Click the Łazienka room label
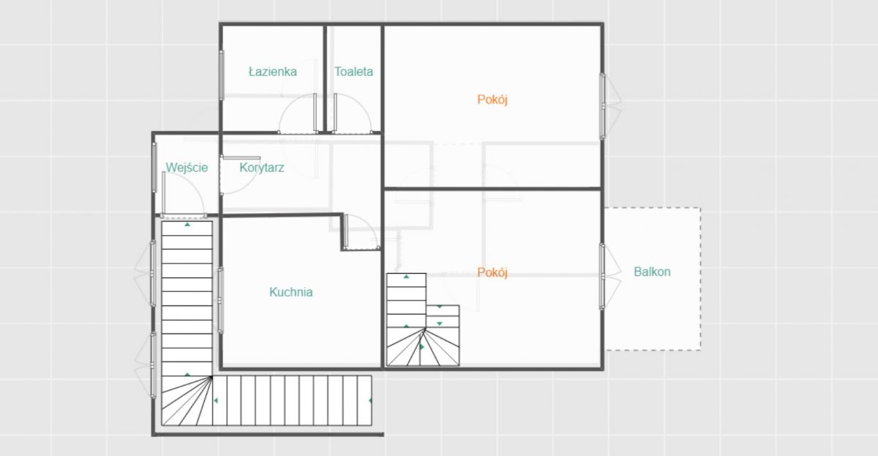coord(273,72)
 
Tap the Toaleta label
coord(353,72)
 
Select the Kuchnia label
coord(291,292)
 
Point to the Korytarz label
coord(262,168)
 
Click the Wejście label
coord(187,168)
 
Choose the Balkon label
coord(652,272)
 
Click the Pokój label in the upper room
coord(492,100)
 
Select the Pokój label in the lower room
coord(492,272)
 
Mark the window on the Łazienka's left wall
coord(221,75)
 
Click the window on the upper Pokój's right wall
coord(602,106)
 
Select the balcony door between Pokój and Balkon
coord(602,277)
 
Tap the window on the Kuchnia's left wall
coord(220,300)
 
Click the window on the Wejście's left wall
coord(154,168)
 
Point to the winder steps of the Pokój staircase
coord(423,348)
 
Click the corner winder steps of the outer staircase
coord(187,400)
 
